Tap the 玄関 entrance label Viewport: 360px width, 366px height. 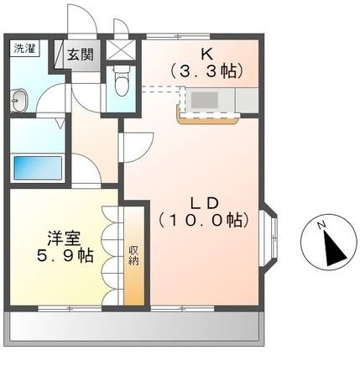(x=81, y=55)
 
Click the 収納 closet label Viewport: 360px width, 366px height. (x=133, y=255)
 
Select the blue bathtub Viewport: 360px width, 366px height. (x=39, y=166)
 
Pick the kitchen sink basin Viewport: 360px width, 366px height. (x=205, y=99)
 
